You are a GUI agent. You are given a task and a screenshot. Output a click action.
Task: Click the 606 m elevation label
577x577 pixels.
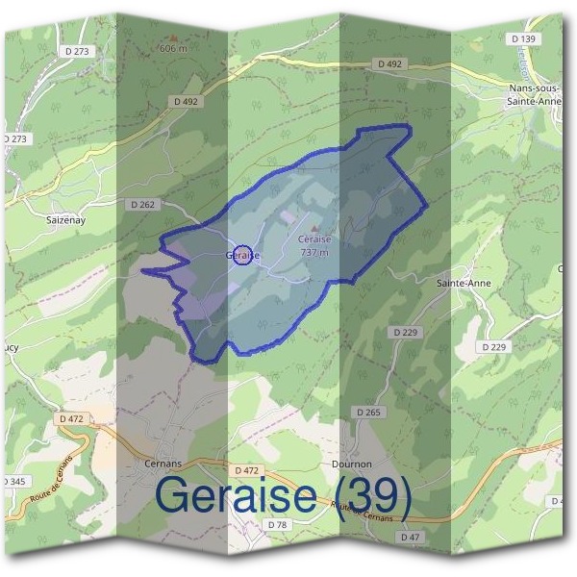coord(172,47)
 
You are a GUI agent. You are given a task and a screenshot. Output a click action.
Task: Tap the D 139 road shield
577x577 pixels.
coord(523,38)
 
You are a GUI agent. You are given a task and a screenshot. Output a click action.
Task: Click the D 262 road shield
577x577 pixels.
coord(141,204)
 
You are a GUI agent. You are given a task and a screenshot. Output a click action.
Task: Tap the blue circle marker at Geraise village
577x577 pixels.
coord(243,254)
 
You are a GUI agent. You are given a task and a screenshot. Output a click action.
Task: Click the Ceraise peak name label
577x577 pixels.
coord(314,239)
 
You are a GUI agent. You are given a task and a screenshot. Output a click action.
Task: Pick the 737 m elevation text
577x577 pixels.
coord(314,252)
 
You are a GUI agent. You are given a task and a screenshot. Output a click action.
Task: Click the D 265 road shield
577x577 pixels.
coord(367,413)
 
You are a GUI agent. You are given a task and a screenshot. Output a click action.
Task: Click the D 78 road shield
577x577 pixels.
coord(278,524)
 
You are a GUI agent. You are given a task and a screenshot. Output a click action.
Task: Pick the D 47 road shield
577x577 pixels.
coord(410,536)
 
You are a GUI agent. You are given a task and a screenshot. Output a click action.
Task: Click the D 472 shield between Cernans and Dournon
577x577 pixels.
coord(245,470)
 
